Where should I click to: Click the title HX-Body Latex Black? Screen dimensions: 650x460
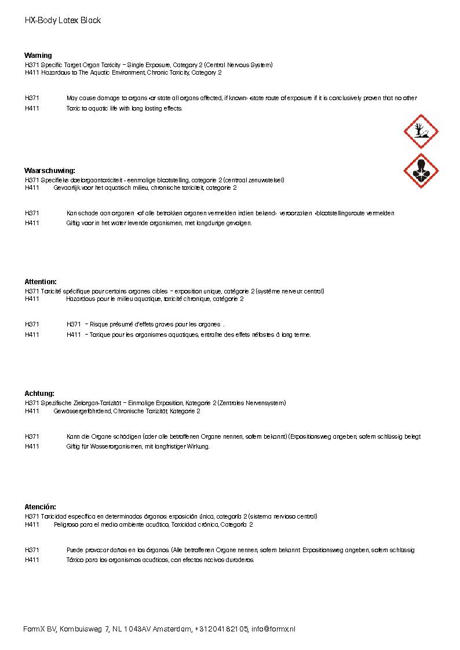63,20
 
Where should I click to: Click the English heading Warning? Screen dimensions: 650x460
38,56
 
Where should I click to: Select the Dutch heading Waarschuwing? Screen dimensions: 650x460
50,171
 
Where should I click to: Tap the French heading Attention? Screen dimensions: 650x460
41,282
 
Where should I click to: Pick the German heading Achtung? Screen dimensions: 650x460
39,394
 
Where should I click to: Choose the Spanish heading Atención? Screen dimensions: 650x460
40,507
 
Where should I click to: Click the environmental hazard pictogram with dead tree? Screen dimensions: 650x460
421,131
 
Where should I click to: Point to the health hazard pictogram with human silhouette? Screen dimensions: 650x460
421,171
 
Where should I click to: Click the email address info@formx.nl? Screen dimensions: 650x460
273,629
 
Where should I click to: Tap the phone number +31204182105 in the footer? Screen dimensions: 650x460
221,629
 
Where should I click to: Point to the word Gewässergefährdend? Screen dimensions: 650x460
82,412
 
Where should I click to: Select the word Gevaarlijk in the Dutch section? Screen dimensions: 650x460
68,188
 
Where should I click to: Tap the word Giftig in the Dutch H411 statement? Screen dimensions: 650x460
74,223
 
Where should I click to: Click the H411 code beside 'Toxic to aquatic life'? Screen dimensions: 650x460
32,109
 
